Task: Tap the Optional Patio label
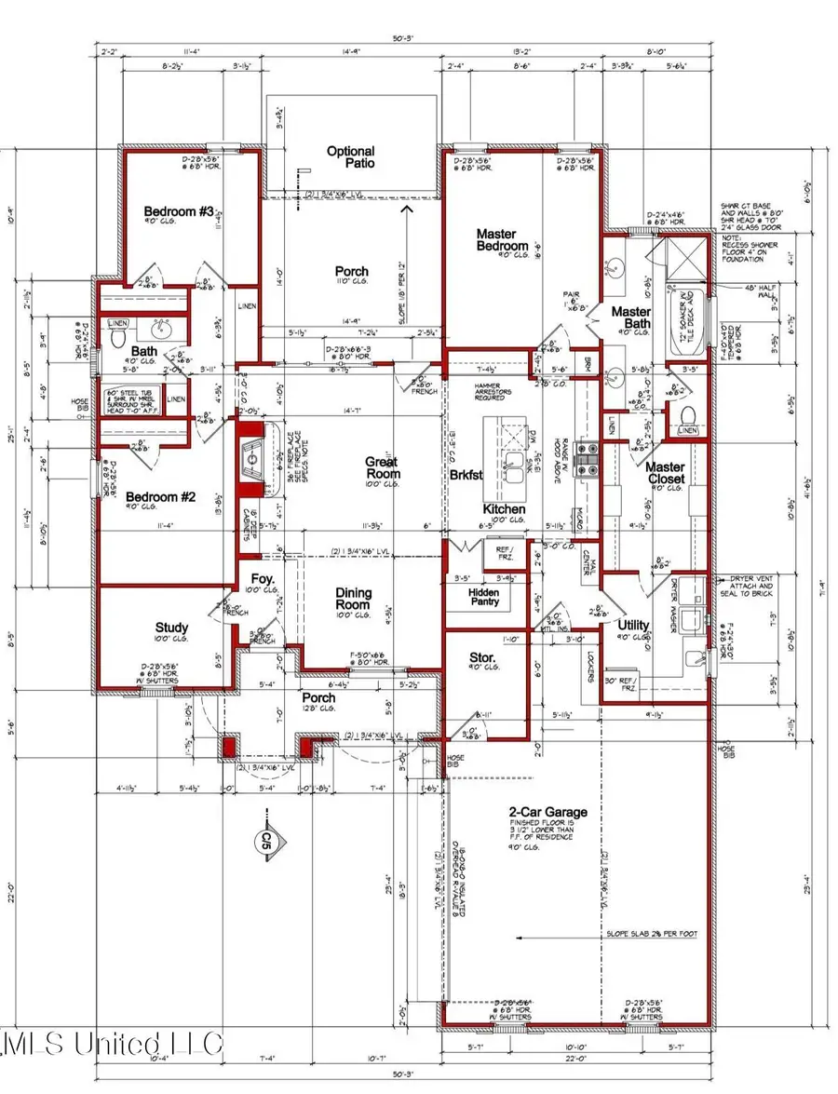350,157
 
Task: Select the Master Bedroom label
504,240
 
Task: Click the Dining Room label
353,599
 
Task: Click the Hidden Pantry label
483,597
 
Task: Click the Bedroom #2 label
160,496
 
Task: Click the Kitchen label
504,509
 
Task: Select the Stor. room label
484,660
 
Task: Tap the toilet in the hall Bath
117,341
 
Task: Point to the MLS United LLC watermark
112,1043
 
